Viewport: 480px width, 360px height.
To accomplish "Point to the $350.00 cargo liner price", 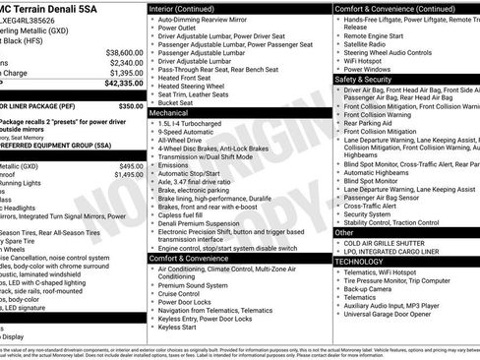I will click(130, 104).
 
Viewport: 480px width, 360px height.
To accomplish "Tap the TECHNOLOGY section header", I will click(358, 262).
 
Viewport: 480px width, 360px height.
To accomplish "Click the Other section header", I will click(343, 233).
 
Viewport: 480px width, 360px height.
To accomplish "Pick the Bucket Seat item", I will click(176, 102).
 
